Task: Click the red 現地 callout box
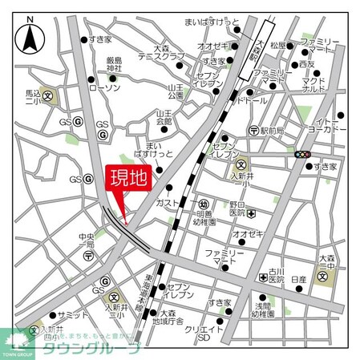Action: [127, 178]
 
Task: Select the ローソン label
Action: [105, 88]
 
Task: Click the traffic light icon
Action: [303, 154]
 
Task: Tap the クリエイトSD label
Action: [204, 333]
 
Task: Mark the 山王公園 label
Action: [176, 90]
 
